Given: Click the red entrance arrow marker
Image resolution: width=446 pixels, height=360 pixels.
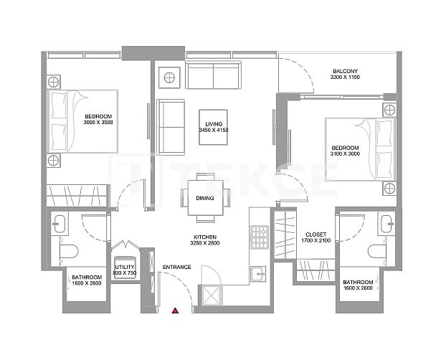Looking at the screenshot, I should click(175, 311).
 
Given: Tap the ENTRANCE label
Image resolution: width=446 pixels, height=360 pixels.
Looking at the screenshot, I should click(176, 267).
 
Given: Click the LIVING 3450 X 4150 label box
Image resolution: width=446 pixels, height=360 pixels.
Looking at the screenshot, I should click(213, 127).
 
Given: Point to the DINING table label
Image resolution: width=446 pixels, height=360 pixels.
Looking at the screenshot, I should click(204, 198).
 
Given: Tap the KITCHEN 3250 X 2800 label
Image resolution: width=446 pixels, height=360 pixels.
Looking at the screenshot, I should click(204, 240).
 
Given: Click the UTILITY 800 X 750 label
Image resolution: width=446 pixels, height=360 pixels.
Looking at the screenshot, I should click(125, 270).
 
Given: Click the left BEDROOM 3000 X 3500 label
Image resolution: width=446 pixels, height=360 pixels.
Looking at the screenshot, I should click(99, 120).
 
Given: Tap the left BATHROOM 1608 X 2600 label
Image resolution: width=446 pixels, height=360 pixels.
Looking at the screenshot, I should click(86, 281).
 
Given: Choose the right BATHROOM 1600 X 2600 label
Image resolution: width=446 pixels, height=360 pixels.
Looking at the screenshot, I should click(356, 285).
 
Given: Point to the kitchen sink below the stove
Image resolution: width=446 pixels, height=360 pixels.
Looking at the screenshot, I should click(258, 273).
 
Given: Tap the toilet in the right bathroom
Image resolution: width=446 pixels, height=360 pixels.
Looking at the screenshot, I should click(377, 252).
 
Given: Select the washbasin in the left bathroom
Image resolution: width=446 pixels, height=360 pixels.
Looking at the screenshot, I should click(58, 223).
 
